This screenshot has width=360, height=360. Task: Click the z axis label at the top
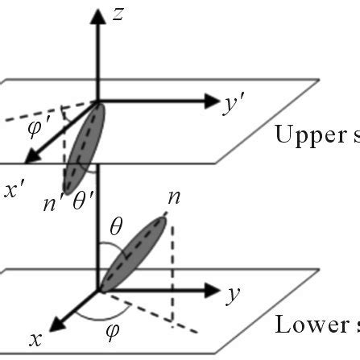[118, 14]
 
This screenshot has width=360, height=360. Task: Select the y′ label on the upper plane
[234, 105]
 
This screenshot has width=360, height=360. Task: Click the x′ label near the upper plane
[13, 191]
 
